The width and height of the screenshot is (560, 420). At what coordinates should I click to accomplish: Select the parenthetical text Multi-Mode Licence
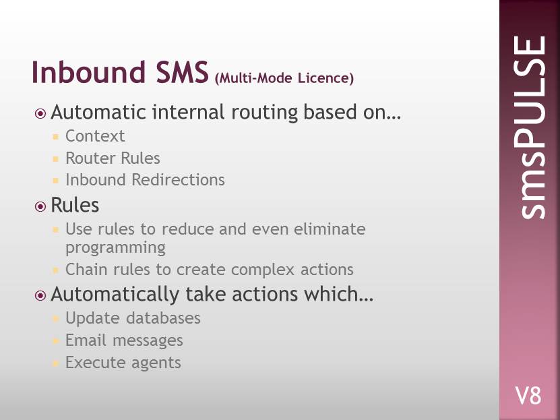click(x=284, y=78)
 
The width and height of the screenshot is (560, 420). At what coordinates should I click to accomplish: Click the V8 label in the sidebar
click(x=528, y=396)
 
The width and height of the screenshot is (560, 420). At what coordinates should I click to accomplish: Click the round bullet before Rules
click(x=40, y=206)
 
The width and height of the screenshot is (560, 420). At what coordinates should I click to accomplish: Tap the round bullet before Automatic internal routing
click(x=40, y=113)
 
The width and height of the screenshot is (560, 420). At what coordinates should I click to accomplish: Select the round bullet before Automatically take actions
click(x=40, y=295)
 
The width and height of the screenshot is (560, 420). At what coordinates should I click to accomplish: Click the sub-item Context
click(x=95, y=136)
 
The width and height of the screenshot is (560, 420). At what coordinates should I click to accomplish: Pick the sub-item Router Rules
click(x=113, y=158)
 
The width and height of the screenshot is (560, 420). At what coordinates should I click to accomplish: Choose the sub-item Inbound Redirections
click(x=145, y=179)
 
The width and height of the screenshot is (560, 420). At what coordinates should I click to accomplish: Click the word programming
click(x=115, y=247)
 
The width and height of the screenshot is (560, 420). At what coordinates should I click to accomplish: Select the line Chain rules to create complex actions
click(x=210, y=270)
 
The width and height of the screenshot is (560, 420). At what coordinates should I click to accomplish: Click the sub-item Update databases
click(x=133, y=318)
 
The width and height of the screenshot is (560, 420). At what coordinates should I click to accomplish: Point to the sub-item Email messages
click(x=124, y=340)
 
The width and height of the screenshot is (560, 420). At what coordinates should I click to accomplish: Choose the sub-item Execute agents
click(x=123, y=363)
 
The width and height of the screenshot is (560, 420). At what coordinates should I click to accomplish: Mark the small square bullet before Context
click(x=55, y=136)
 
